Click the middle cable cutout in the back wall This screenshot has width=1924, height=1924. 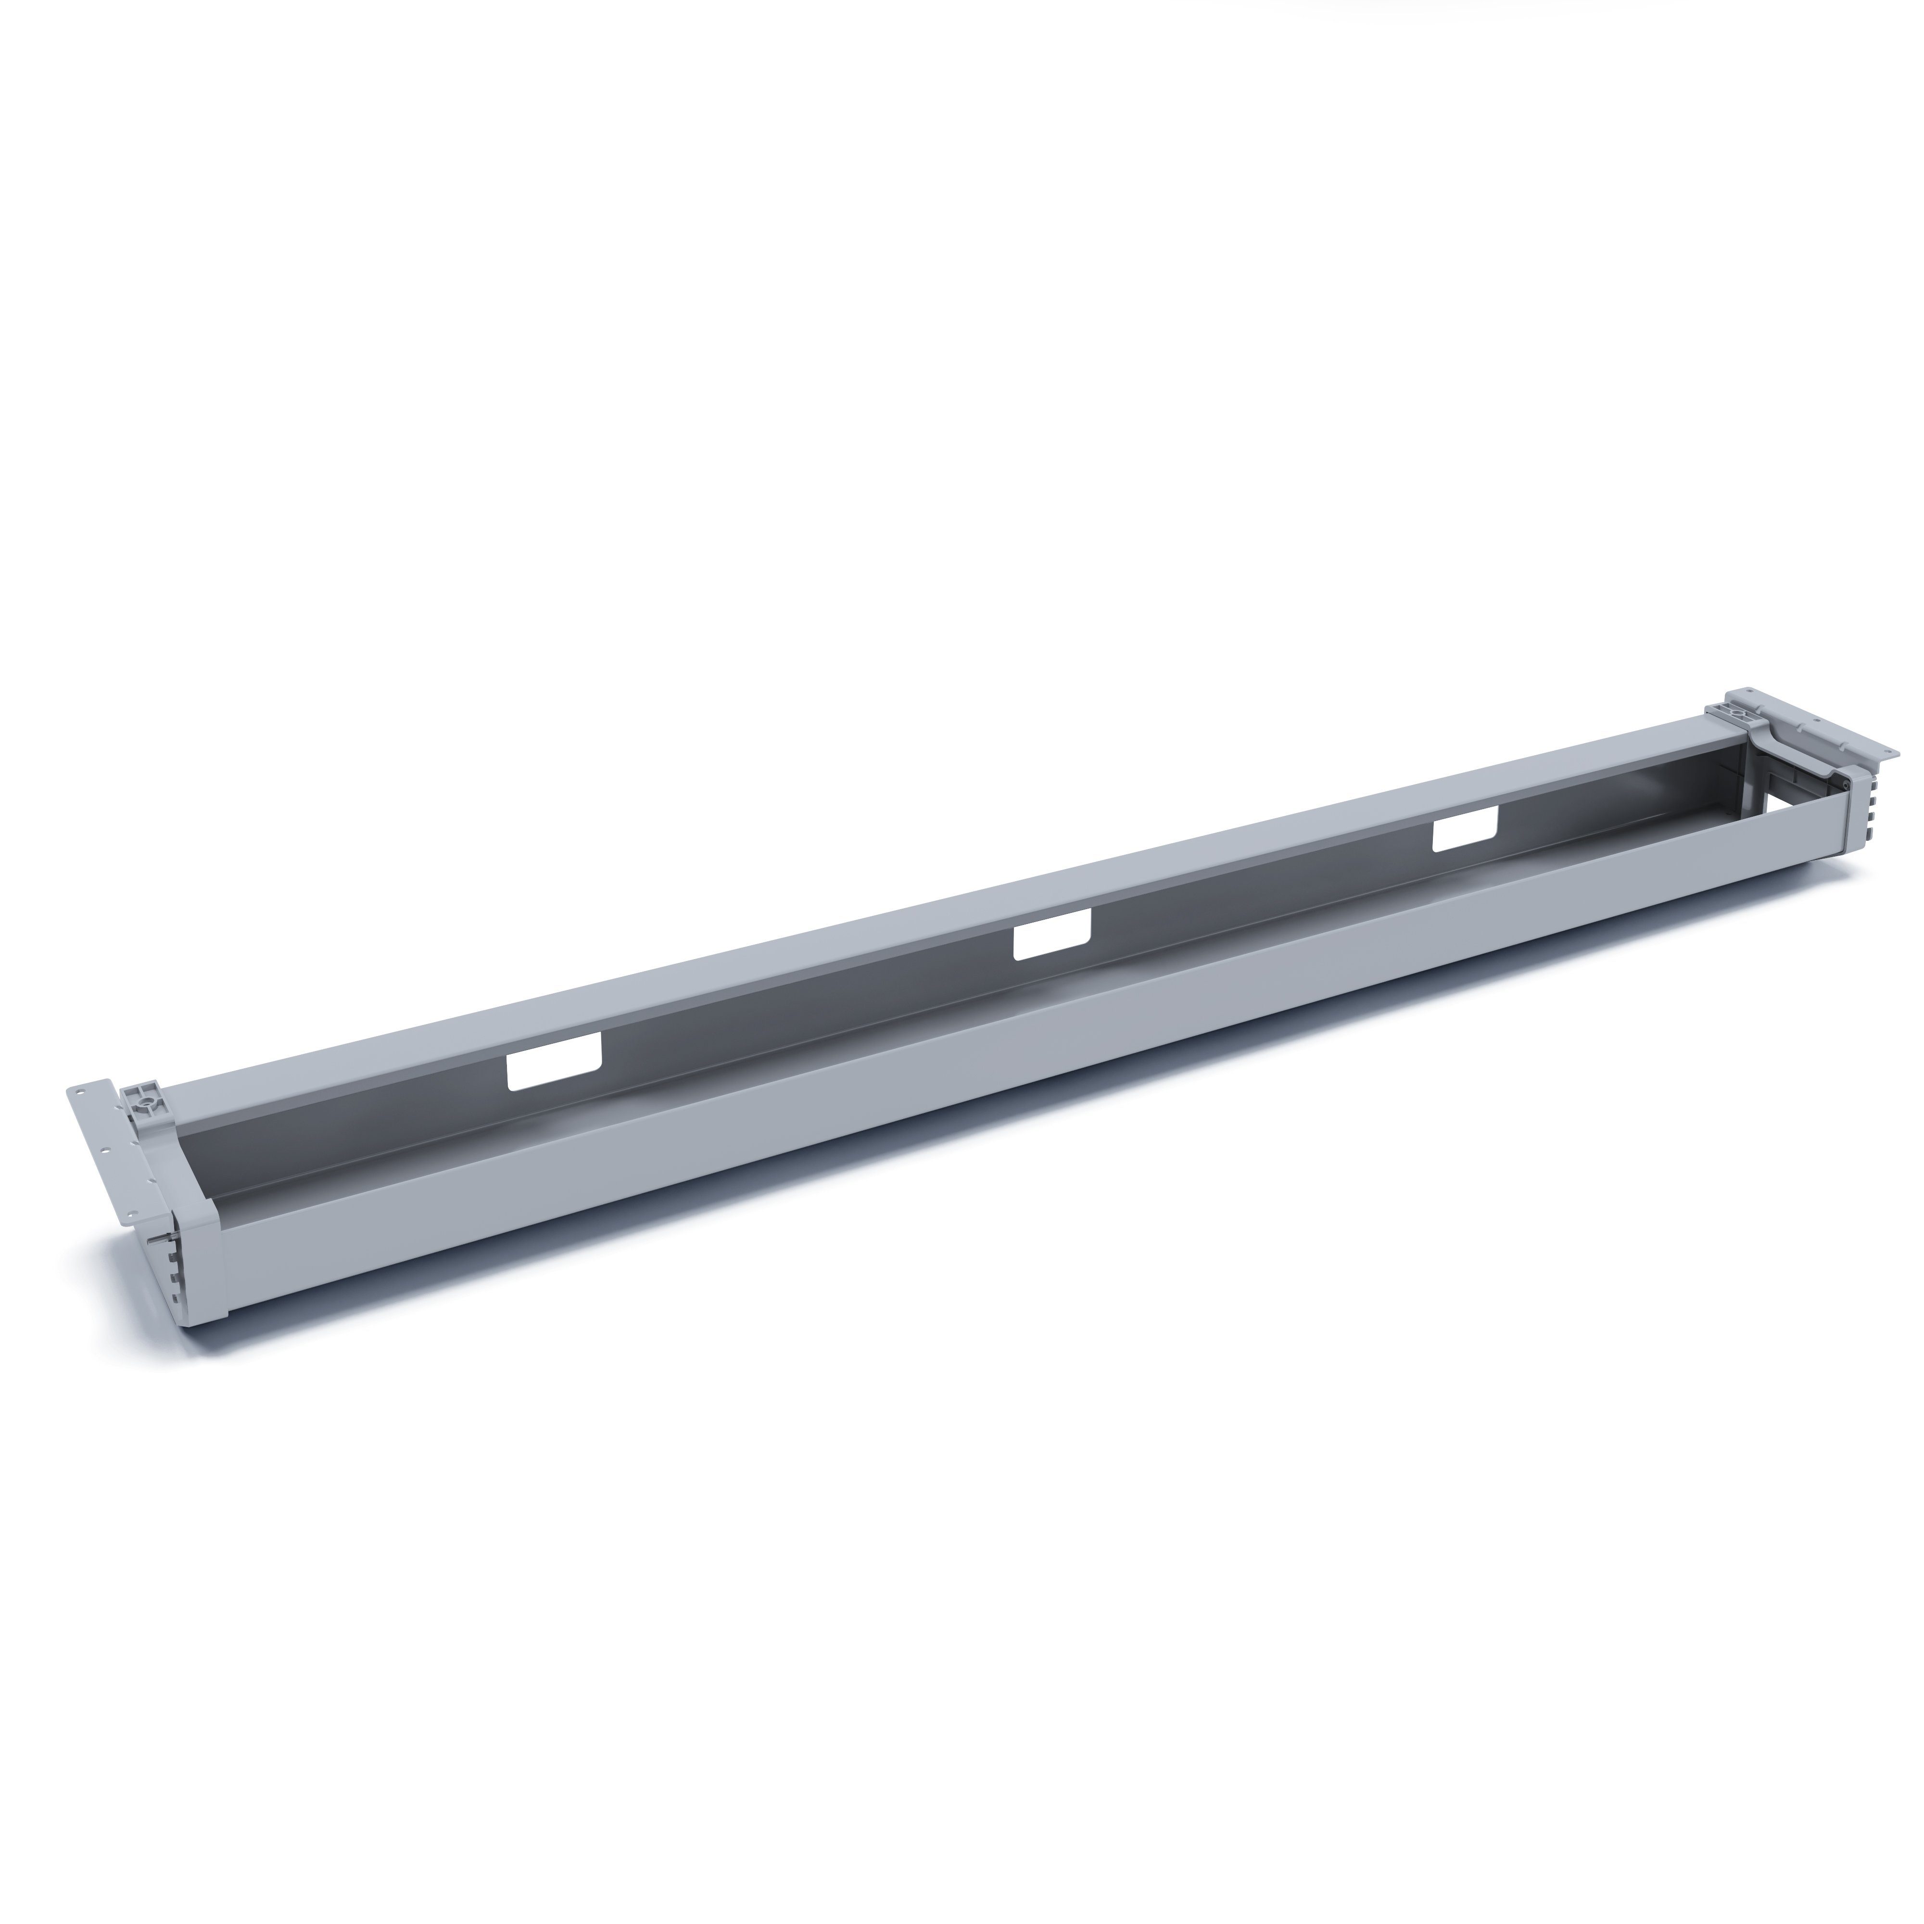(1051, 941)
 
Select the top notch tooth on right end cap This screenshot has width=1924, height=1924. (1875, 785)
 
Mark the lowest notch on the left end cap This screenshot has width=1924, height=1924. (175, 1299)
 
